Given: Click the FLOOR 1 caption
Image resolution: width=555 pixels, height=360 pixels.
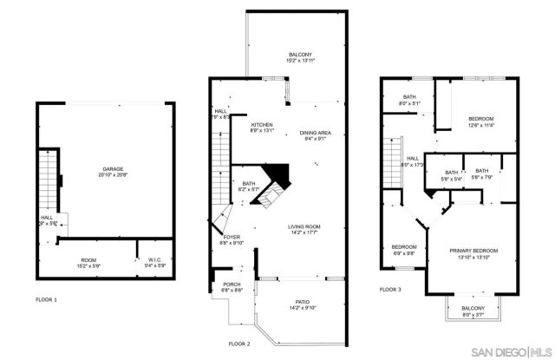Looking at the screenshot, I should [46, 299].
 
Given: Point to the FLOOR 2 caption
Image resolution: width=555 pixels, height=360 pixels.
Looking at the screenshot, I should [239, 344].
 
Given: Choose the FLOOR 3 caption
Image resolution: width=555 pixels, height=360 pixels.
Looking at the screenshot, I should [391, 289].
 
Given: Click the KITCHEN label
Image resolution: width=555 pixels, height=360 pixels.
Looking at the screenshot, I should [262, 124].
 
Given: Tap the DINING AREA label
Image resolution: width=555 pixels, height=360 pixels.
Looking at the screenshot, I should [315, 133].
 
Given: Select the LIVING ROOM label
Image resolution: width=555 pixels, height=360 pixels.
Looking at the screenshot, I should [309, 227].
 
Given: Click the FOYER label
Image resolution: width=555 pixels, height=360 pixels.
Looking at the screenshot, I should [232, 236].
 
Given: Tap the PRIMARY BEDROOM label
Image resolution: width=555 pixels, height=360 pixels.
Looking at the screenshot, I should [473, 251].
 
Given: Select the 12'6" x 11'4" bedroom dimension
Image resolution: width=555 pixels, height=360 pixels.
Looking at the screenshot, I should [480, 125].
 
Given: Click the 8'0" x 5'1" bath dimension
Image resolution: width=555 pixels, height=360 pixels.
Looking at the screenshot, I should [410, 103].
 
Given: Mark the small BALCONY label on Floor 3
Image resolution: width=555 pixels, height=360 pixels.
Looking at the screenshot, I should [473, 308].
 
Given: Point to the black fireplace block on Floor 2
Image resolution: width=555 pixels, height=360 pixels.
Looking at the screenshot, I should [276, 173].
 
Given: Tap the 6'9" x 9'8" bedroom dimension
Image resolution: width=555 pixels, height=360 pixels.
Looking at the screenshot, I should [403, 253].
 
